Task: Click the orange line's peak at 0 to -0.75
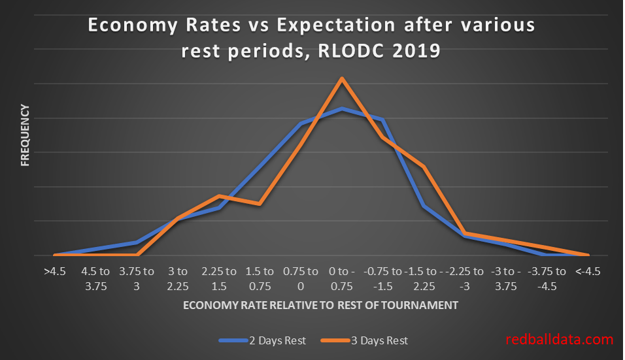342,78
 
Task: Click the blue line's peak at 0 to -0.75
342,108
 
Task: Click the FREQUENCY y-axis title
25,135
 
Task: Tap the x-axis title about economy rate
320,305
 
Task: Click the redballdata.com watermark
560,340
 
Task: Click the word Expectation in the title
334,25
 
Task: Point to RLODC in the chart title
357,50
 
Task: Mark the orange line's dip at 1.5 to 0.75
260,204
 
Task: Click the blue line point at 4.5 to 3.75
95,249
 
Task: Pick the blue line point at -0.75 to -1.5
382,120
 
